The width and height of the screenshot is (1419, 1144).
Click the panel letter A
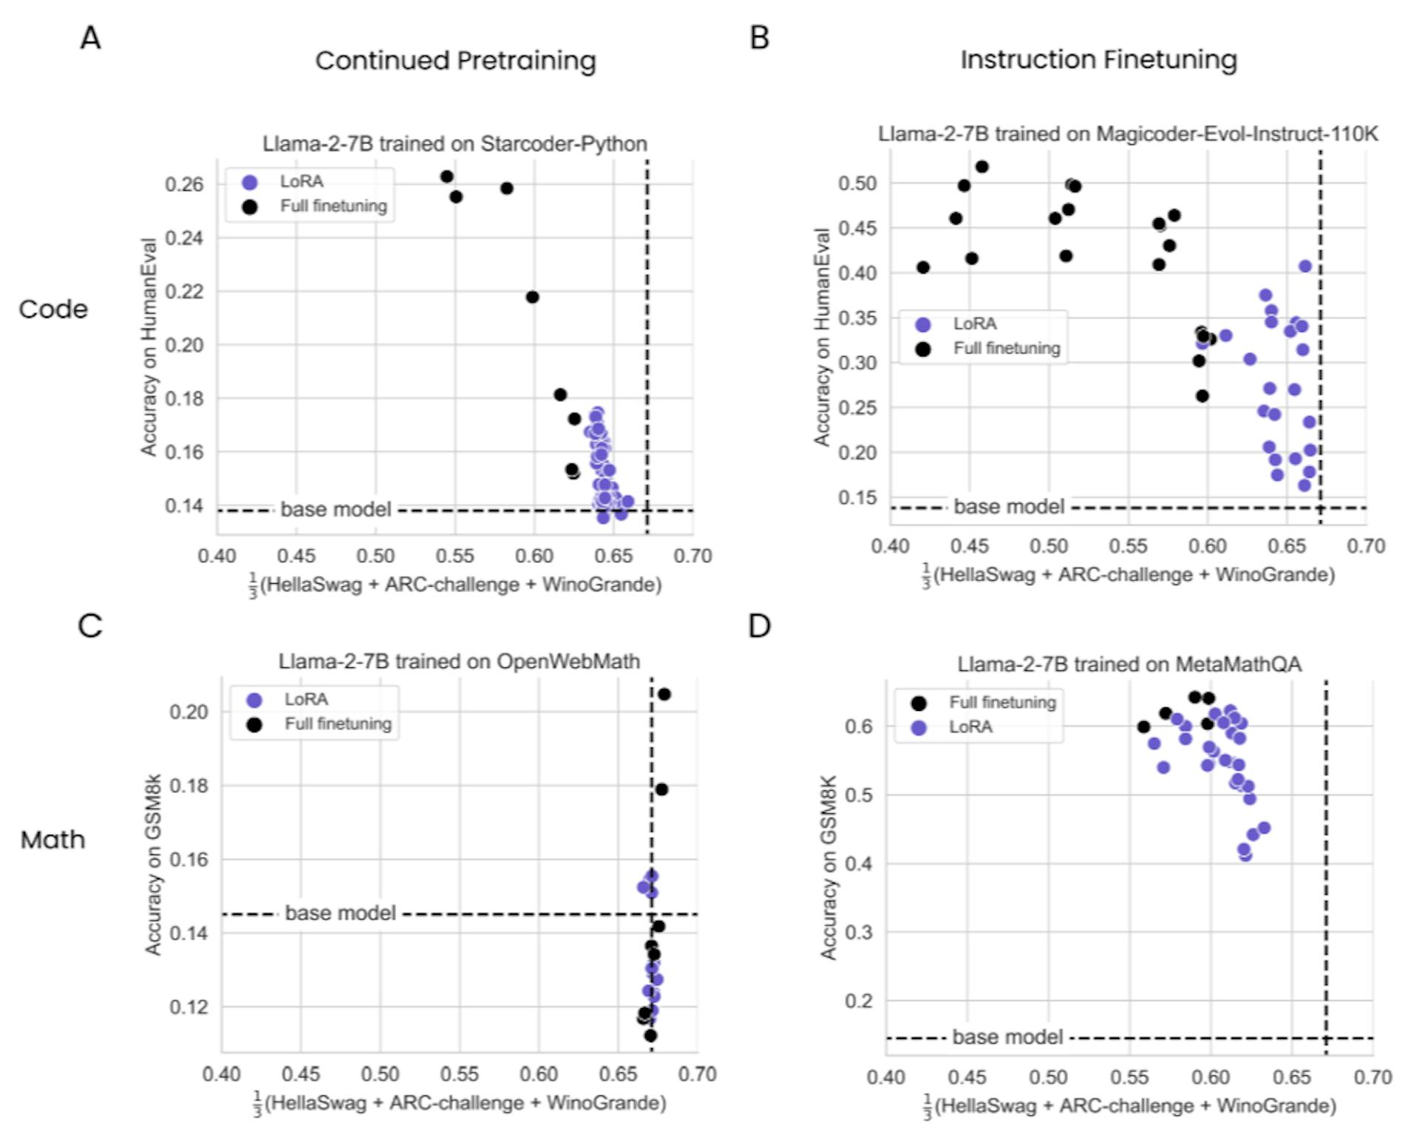click(90, 37)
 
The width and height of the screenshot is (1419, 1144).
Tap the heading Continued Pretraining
click(455, 61)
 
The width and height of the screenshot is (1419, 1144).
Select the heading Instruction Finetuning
click(1098, 60)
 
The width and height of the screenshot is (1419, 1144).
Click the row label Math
click(52, 840)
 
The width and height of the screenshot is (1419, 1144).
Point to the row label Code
click(53, 309)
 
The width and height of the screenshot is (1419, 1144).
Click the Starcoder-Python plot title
click(455, 143)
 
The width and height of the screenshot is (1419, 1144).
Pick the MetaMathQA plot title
click(1129, 664)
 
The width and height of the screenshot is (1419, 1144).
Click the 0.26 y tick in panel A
click(184, 184)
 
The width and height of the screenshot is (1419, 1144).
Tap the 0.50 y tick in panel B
click(857, 183)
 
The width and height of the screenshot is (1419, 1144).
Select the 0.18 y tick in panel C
click(188, 786)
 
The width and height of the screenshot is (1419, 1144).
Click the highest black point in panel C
click(664, 694)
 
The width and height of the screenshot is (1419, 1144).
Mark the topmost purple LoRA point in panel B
click(1305, 266)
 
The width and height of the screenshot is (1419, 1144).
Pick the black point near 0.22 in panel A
click(532, 297)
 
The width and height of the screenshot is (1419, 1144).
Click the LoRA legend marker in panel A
click(250, 182)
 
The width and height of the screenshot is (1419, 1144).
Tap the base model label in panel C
click(340, 913)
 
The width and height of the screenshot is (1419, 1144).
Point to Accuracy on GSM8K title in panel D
click(828, 867)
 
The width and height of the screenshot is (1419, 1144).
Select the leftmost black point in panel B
click(923, 268)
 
